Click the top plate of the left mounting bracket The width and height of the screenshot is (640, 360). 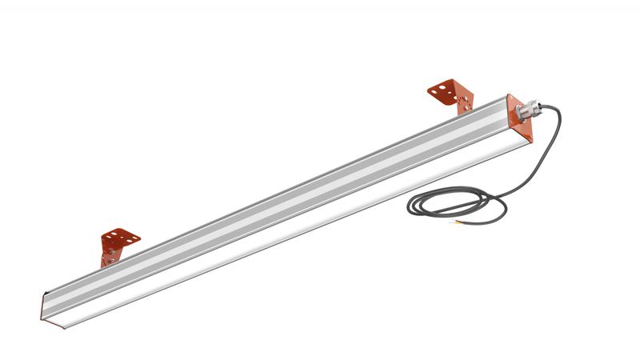121,238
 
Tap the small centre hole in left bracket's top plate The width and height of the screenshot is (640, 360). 121,238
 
